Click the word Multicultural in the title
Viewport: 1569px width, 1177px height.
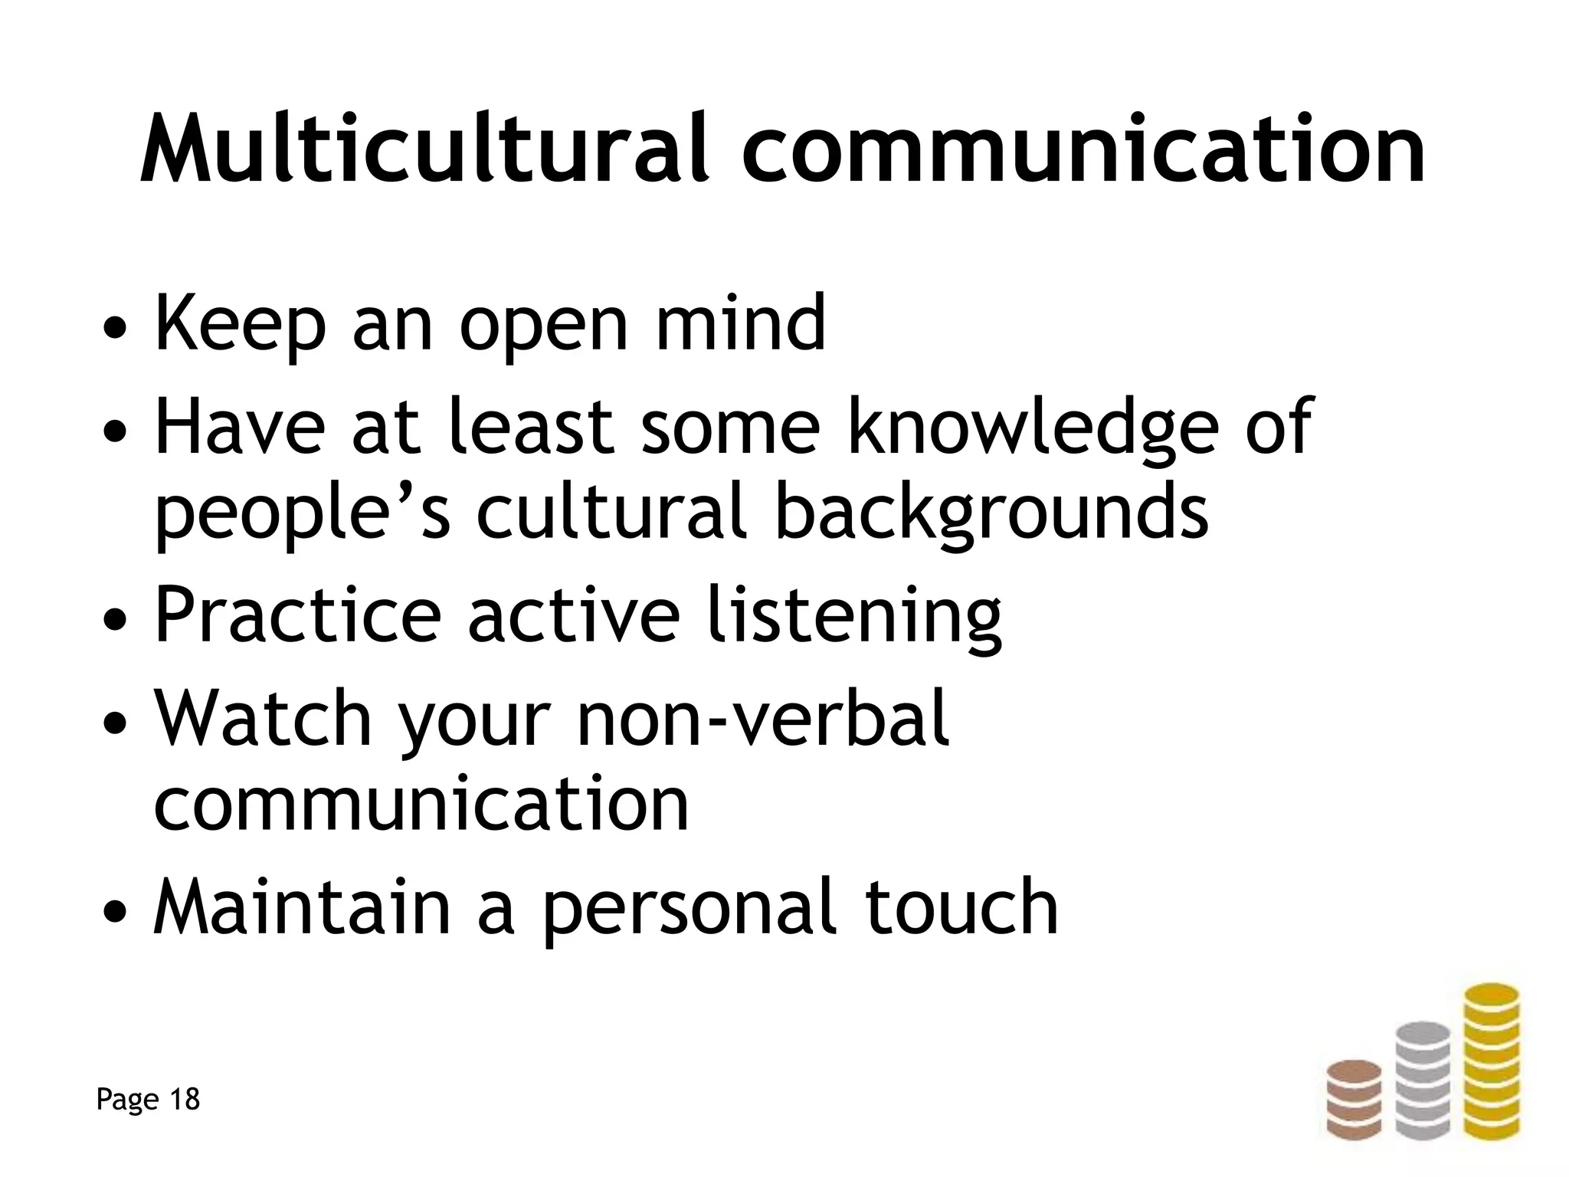tap(424, 149)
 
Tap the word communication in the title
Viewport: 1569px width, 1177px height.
tap(1083, 149)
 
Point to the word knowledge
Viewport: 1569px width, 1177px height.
tap(1033, 429)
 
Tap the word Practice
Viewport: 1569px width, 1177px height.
tap(298, 615)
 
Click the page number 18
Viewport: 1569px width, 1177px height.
tap(184, 1100)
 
